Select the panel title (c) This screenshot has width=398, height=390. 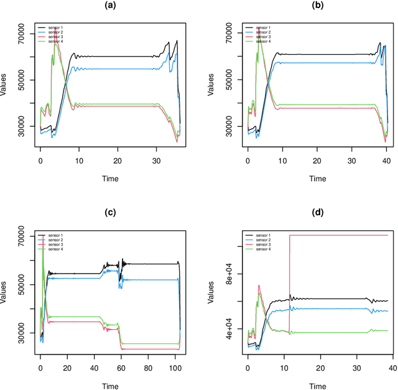point(111,212)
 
